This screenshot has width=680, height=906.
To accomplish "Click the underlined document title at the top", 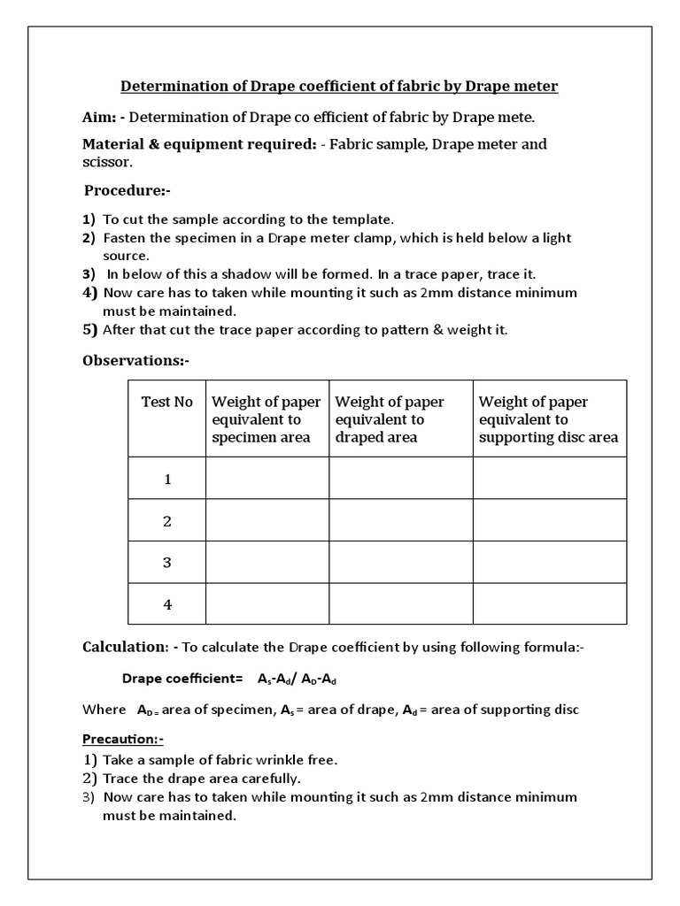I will coord(339,86).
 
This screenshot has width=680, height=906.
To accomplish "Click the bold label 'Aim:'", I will coord(99,117).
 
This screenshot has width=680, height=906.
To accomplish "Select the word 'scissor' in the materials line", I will coord(107,163).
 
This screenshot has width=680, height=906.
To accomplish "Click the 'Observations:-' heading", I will coord(135,360).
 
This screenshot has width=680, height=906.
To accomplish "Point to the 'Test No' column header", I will coord(167,402).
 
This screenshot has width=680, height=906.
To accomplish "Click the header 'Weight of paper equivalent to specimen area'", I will coord(267,419).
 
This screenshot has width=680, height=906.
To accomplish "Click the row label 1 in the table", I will coord(167,479).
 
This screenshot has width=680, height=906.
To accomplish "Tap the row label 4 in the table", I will coord(167,604).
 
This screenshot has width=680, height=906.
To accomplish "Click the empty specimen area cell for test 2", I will coord(267,520).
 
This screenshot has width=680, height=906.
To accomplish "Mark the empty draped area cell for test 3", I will coord(400,563).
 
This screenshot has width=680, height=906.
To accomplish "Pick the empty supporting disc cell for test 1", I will coord(549,479).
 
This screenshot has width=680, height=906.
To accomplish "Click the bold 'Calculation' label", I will coord(124,648).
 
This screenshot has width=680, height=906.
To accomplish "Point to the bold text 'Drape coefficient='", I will coord(182,679).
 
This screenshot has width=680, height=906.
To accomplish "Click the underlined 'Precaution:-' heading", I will coord(123,739).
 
